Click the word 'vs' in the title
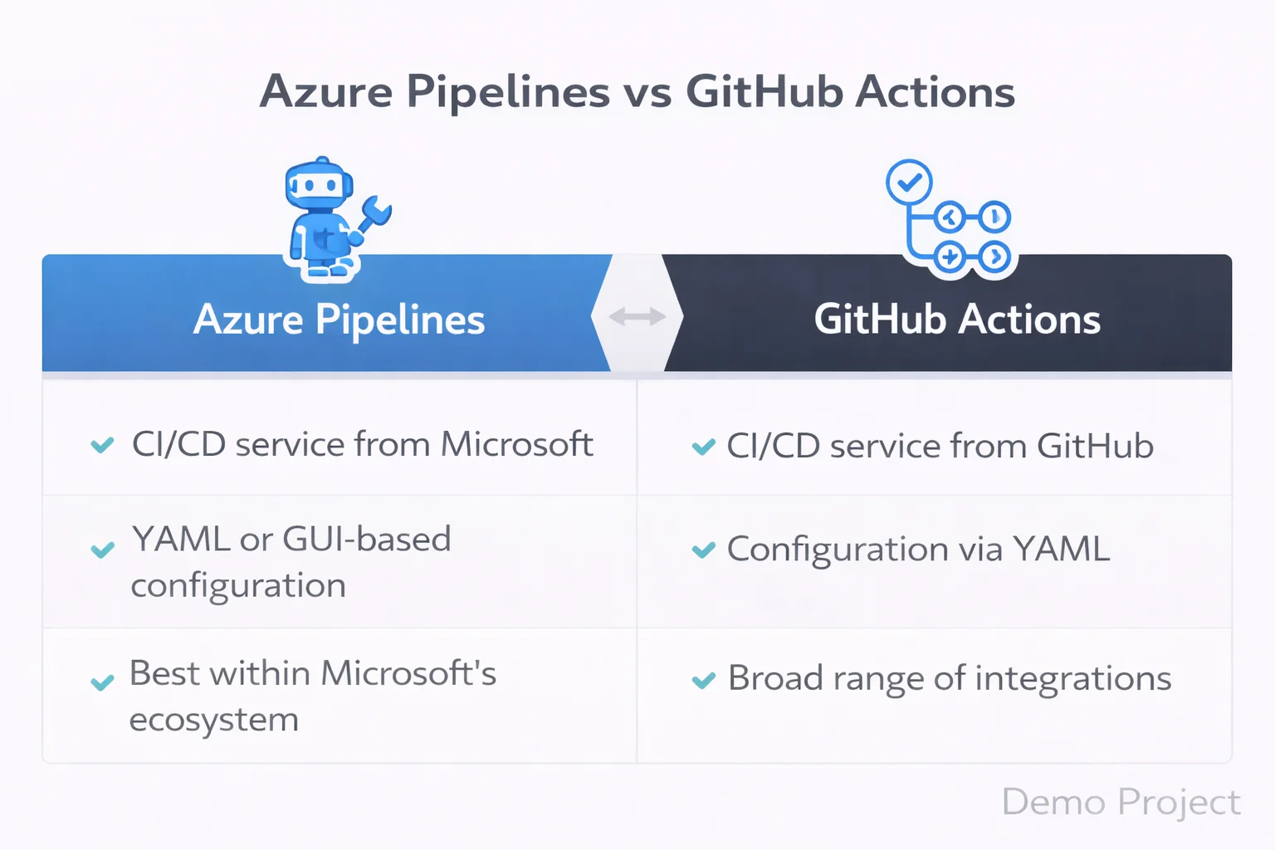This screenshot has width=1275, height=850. (x=648, y=92)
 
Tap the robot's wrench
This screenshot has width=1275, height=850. (x=374, y=215)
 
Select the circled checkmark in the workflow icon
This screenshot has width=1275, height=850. (x=909, y=182)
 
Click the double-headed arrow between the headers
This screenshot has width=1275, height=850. (x=637, y=316)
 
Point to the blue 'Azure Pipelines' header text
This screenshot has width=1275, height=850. (x=339, y=320)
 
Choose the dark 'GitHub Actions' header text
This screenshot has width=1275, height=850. (x=957, y=320)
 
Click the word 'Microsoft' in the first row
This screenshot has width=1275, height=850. (x=516, y=444)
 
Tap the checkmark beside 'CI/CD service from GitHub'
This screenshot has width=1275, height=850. (x=703, y=447)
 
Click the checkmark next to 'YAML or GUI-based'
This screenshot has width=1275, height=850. (x=102, y=550)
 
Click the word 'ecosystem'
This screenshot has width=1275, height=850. (x=214, y=720)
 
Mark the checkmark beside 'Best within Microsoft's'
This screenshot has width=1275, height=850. (x=102, y=682)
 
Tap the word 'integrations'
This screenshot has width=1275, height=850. (x=1072, y=678)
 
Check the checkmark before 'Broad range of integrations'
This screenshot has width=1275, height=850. (x=703, y=681)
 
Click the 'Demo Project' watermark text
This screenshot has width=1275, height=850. (x=1121, y=802)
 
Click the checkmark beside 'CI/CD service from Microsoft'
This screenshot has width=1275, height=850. (x=102, y=446)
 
